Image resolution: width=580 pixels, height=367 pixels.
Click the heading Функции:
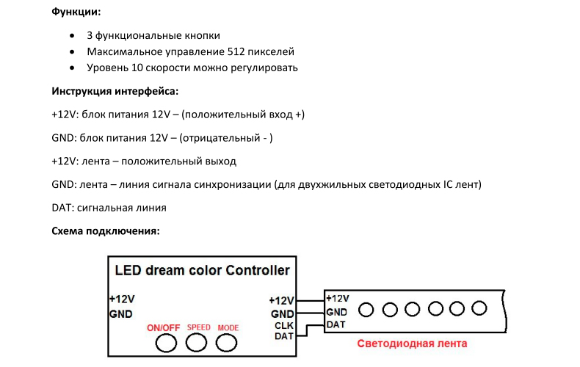point(76,12)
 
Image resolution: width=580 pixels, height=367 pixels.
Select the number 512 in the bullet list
point(236,51)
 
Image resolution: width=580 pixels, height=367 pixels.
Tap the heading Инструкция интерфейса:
point(115,91)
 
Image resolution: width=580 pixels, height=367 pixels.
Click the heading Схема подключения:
point(106,231)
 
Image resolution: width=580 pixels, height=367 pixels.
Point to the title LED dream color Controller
point(202,270)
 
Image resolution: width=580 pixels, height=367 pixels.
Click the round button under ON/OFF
point(166,344)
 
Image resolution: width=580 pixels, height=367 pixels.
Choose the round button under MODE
point(226,343)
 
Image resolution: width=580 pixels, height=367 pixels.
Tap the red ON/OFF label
point(164,328)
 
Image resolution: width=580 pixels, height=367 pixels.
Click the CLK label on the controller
point(283,326)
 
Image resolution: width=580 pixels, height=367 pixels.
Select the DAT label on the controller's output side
point(283,336)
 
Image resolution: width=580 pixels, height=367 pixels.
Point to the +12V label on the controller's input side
point(122,299)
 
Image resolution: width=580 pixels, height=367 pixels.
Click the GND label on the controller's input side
point(121,314)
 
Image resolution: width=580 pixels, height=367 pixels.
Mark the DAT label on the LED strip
point(336,324)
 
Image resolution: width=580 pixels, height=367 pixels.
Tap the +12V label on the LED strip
point(338,298)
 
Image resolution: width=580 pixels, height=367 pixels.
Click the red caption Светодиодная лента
point(412,344)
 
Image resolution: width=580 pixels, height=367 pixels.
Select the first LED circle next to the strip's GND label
point(366,310)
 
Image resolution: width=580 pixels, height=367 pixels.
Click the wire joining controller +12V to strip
point(310,301)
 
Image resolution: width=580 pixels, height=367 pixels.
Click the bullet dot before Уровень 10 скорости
point(72,68)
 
